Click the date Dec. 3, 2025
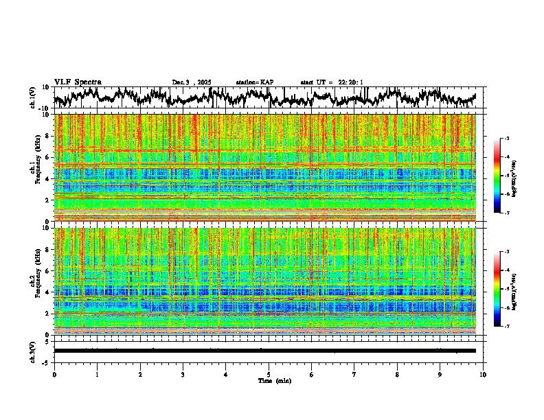tap(192, 82)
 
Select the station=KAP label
tap(254, 82)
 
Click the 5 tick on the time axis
tap(269, 374)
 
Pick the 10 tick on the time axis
tap(483, 374)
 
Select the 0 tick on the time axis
tap(54, 374)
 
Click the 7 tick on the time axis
tap(354, 374)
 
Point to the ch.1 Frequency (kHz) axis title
tap(34, 167)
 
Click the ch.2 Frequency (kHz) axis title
tap(34, 281)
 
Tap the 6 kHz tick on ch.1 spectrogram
tap(47, 157)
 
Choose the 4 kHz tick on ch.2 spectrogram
tap(47, 292)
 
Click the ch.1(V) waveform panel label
tap(33, 97)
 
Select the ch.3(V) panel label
tap(33, 351)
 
